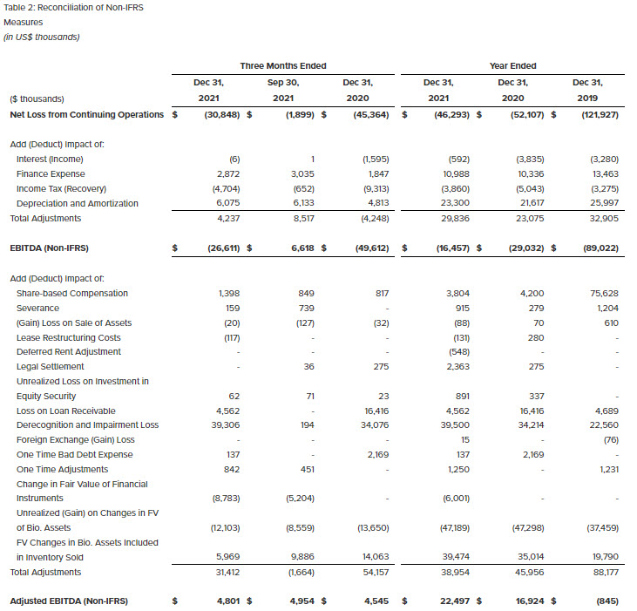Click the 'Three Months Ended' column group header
pyautogui.click(x=283, y=65)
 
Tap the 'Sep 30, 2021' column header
pyautogui.click(x=284, y=90)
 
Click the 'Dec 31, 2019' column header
pyautogui.click(x=586, y=90)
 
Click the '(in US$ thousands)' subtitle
pyautogui.click(x=42, y=37)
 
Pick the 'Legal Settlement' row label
pyautogui.click(x=51, y=366)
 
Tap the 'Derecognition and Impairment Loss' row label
pyautogui.click(x=87, y=425)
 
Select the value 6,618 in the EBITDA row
pyautogui.click(x=298, y=248)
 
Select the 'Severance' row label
pyautogui.click(x=37, y=308)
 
